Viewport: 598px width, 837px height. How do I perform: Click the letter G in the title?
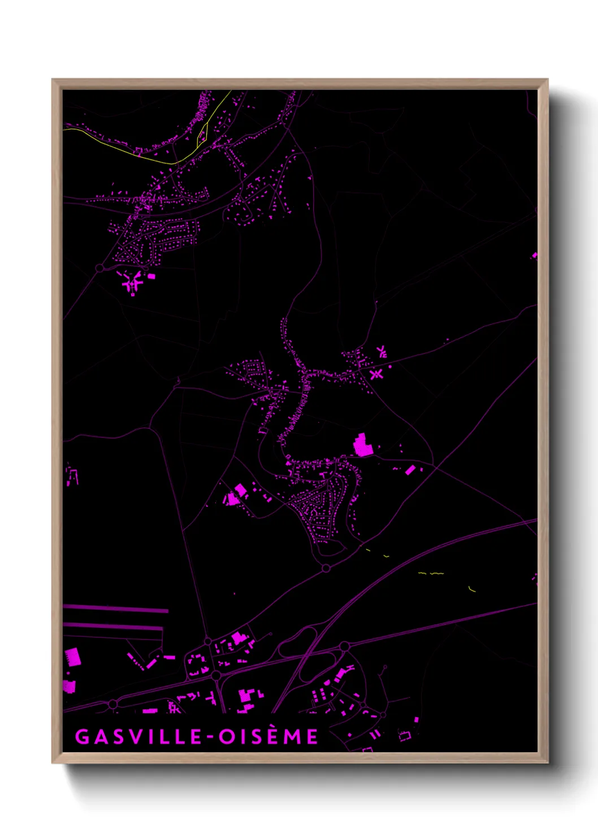click(x=83, y=736)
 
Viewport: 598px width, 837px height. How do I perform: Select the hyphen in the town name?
click(x=210, y=737)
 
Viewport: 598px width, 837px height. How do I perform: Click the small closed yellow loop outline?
click(x=202, y=134)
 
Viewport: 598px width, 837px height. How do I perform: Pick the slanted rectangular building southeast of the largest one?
click(x=410, y=469)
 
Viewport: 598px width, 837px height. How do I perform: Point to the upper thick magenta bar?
click(x=116, y=609)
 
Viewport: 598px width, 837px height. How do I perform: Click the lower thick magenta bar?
click(x=113, y=627)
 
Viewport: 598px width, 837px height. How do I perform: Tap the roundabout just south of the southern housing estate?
click(x=326, y=568)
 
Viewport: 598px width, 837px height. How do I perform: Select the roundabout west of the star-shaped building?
click(x=100, y=268)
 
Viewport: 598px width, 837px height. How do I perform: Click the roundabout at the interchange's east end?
click(x=344, y=646)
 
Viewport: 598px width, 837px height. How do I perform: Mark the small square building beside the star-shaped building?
click(x=151, y=276)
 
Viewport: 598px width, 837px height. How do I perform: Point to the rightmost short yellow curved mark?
click(x=473, y=589)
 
